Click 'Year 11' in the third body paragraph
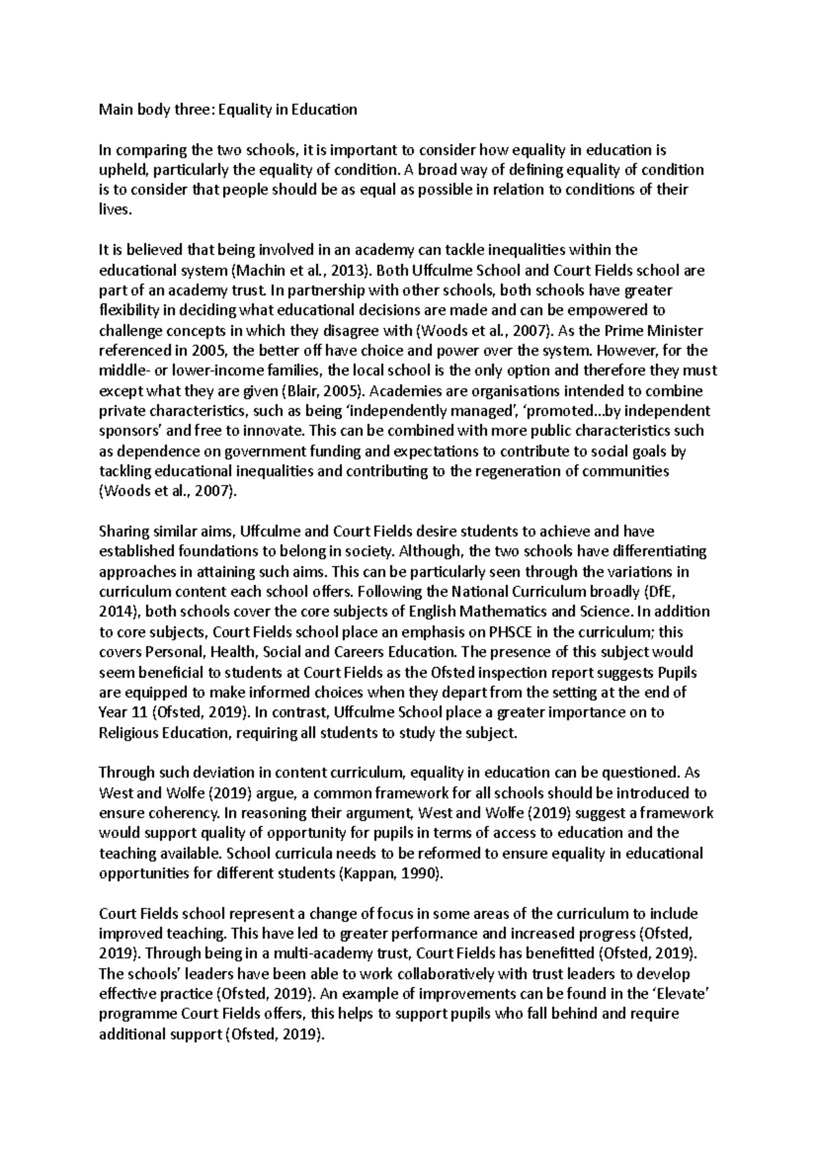pyautogui.click(x=123, y=712)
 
